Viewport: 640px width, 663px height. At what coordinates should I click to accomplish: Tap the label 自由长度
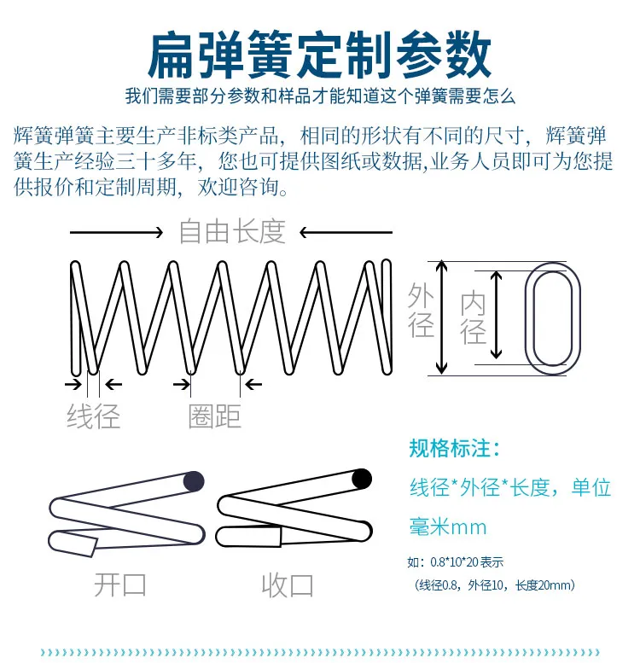pyautogui.click(x=232, y=231)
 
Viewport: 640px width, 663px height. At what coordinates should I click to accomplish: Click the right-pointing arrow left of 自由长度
pyautogui.click(x=116, y=231)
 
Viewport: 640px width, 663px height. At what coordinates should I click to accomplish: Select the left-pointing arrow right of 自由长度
pyautogui.click(x=346, y=231)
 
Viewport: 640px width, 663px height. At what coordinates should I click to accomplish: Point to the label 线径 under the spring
pyautogui.click(x=94, y=416)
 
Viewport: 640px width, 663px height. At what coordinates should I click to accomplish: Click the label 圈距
pyautogui.click(x=215, y=416)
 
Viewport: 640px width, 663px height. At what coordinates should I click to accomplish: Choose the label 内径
pyautogui.click(x=474, y=317)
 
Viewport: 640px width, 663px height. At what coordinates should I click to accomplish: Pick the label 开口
pyautogui.click(x=120, y=585)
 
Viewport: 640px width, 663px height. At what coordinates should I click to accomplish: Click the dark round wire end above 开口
pyautogui.click(x=195, y=482)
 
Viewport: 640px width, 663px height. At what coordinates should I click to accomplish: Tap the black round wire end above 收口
pyautogui.click(x=362, y=479)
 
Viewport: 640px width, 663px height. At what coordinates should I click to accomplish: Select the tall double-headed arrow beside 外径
pyautogui.click(x=442, y=317)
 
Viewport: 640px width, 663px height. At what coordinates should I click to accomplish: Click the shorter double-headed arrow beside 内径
pyautogui.click(x=497, y=317)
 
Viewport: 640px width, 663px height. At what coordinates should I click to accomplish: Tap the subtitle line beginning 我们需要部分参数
pyautogui.click(x=320, y=96)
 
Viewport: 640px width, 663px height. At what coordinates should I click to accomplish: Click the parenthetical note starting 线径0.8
pyautogui.click(x=495, y=585)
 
